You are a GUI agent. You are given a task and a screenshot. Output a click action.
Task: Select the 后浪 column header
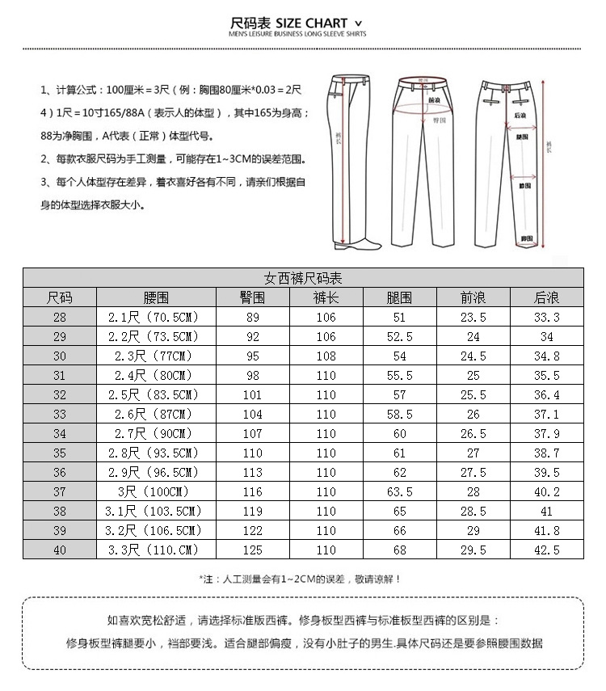pos(546,297)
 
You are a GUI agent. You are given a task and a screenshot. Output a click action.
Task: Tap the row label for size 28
pos(59,318)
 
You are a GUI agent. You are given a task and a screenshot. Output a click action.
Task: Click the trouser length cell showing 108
pos(326,356)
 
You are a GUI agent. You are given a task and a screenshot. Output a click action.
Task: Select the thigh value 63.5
pos(400,492)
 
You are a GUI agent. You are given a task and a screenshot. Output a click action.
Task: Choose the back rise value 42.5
pos(546,550)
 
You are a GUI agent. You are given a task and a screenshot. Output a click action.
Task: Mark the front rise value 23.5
pos(473,318)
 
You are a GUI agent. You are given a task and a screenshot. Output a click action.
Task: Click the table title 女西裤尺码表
pos(303,278)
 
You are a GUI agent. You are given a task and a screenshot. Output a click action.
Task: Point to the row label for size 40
pos(59,550)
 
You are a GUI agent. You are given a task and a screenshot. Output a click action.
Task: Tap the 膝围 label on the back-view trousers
pos(524,186)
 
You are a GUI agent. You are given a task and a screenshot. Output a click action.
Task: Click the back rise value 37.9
pos(546,434)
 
